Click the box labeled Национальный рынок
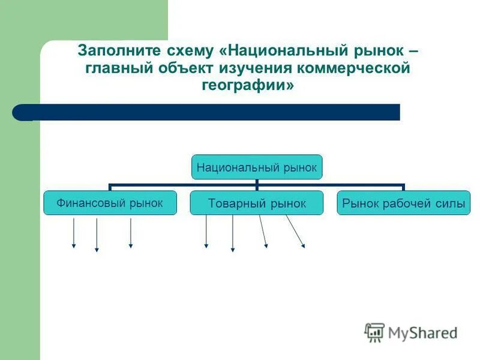(x=257, y=167)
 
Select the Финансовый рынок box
(x=110, y=203)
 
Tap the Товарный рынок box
(x=257, y=203)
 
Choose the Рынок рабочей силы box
(x=403, y=203)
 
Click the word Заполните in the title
(x=111, y=51)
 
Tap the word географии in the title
(x=244, y=86)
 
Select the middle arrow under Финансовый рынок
(x=97, y=235)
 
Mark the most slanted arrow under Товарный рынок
(x=295, y=232)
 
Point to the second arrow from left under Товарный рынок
(x=232, y=234)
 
